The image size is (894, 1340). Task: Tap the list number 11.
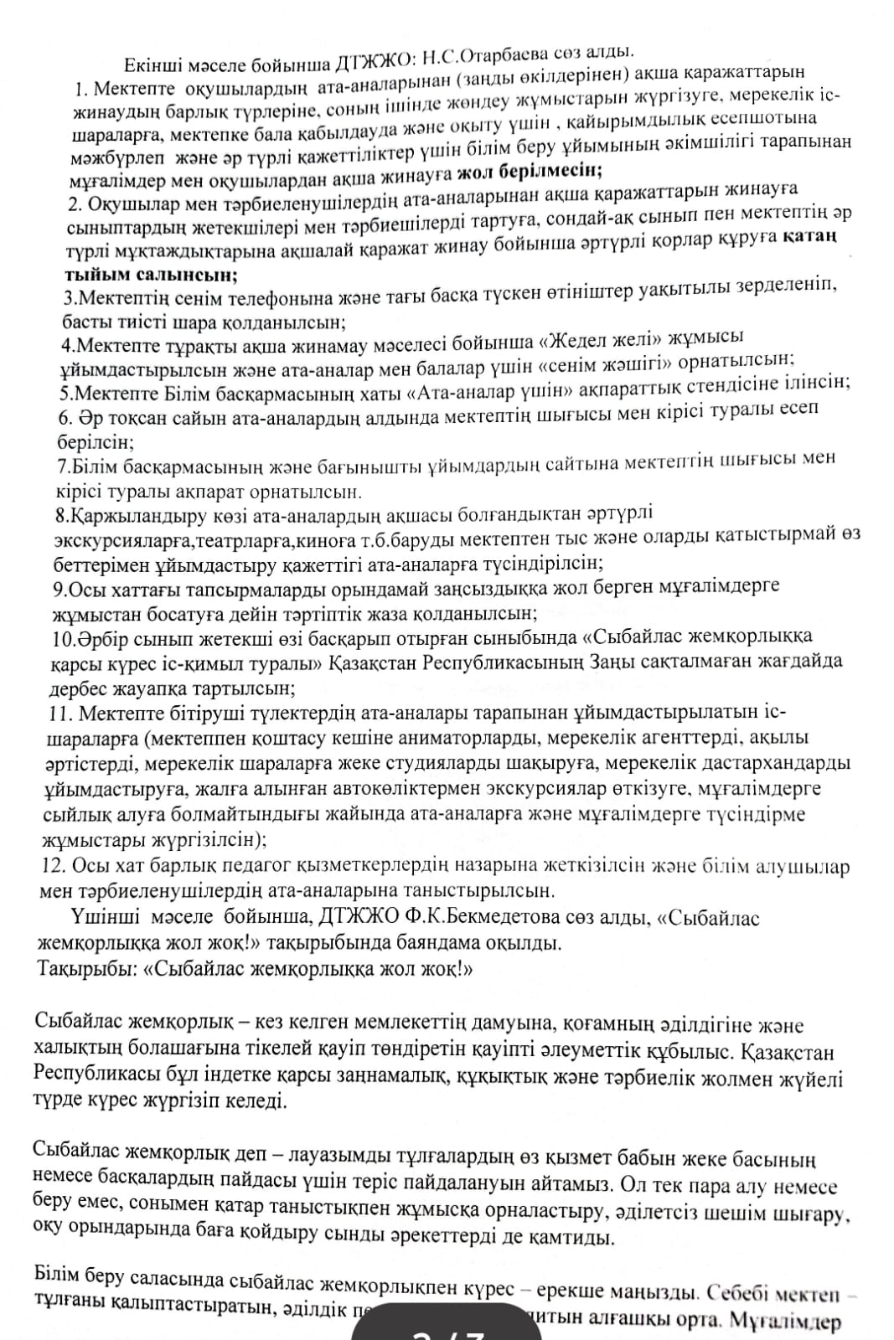[59, 714]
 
